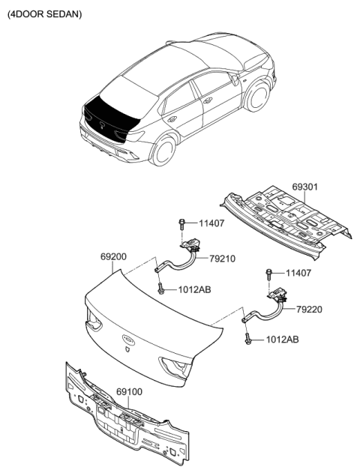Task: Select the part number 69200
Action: pyautogui.click(x=115, y=256)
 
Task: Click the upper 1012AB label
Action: pyautogui.click(x=194, y=290)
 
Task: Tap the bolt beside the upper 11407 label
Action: pyautogui.click(x=182, y=223)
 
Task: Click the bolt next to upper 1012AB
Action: pyautogui.click(x=161, y=289)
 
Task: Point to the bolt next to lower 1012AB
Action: pyautogui.click(x=247, y=340)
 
